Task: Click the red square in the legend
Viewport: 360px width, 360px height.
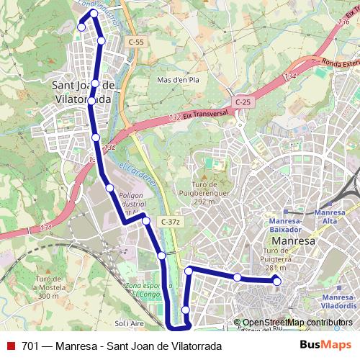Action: coord(9,346)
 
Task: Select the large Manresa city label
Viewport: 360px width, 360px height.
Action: coord(291,241)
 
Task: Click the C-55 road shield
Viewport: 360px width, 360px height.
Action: coord(136,42)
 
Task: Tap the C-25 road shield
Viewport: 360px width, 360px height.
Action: coord(242,102)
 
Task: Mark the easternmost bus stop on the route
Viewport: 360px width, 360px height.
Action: coord(277,282)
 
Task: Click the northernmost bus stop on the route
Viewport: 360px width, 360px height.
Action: coord(94,14)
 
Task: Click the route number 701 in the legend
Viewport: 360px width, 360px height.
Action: coord(31,346)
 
